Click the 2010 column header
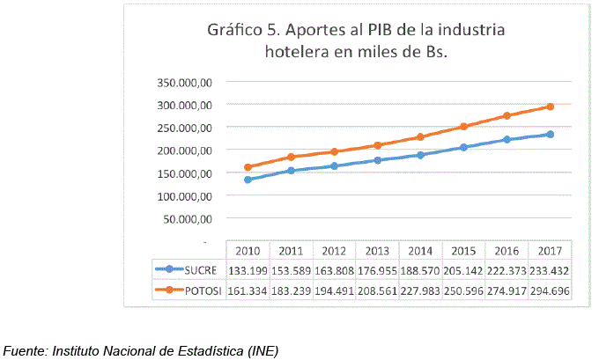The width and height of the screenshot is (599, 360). click(x=248, y=251)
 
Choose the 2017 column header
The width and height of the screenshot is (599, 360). click(x=551, y=251)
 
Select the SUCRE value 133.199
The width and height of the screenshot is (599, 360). click(x=248, y=270)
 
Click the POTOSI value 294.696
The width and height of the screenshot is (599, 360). click(x=551, y=290)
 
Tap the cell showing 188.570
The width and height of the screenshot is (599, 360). click(x=421, y=270)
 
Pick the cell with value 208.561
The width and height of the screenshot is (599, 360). click(x=377, y=290)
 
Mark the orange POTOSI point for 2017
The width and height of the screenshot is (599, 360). click(x=551, y=107)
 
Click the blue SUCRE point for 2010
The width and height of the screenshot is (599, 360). click(x=248, y=180)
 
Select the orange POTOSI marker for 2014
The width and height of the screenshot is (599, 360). click(x=421, y=136)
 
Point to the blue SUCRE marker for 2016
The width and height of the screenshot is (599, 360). click(x=507, y=139)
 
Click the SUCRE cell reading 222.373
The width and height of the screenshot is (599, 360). click(x=507, y=270)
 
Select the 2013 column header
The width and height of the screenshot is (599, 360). click(x=377, y=251)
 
